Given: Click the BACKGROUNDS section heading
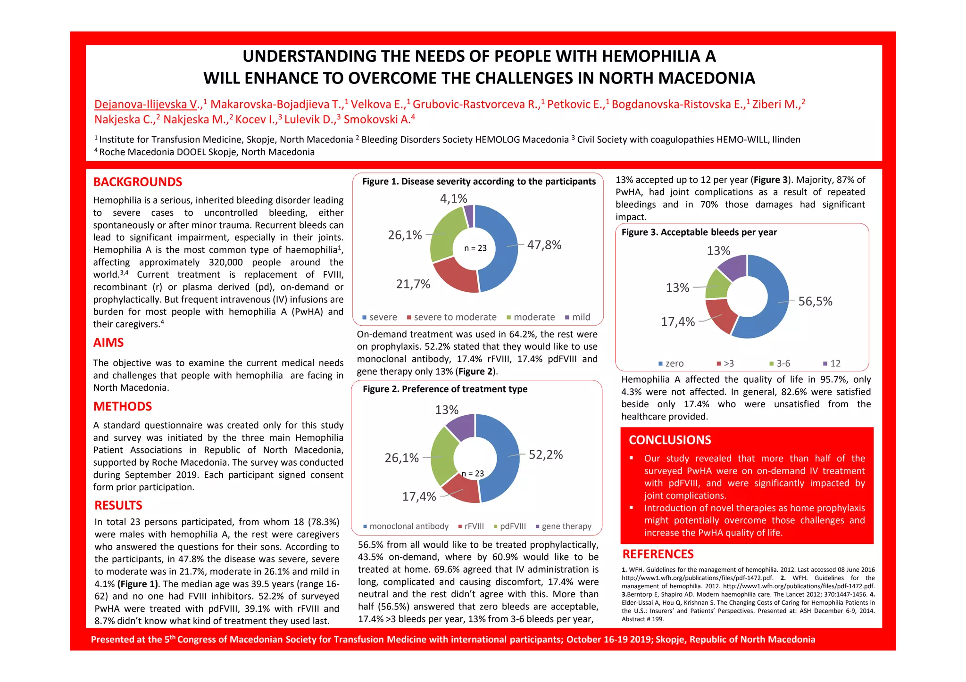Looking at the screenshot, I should pyautogui.click(x=137, y=182).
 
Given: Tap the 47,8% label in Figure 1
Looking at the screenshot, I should pyautogui.click(x=544, y=245).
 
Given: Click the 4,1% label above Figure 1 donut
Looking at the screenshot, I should pyautogui.click(x=453, y=198).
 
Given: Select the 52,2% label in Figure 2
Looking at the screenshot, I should pyautogui.click(x=546, y=455).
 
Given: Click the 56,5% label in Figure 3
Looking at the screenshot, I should pyautogui.click(x=815, y=302).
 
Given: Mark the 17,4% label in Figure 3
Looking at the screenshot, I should pyautogui.click(x=678, y=322).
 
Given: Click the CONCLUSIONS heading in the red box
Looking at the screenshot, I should pyautogui.click(x=669, y=440).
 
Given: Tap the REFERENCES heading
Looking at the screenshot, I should pyautogui.click(x=658, y=554).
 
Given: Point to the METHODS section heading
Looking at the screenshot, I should pyautogui.click(x=122, y=407).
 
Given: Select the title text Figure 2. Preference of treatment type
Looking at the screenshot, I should pyautogui.click(x=445, y=389).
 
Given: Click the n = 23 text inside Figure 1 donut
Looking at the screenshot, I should pyautogui.click(x=475, y=248).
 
